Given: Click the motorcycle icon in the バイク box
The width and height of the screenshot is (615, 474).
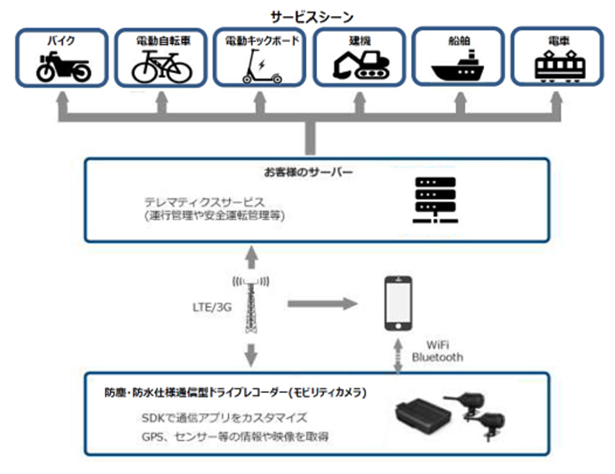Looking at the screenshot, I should point(64,69).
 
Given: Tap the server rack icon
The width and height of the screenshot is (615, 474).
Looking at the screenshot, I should point(433,200).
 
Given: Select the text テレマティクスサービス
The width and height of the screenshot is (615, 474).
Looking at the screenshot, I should point(204,202).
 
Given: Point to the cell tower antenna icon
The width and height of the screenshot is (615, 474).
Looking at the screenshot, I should point(249,304).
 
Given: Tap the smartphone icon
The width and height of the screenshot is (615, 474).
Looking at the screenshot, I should point(399,303).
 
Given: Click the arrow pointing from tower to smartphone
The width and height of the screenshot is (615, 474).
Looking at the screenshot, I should point(322,304).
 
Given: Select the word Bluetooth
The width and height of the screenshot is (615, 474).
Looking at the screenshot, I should point(438,357).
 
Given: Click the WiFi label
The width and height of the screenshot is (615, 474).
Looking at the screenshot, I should point(437,345).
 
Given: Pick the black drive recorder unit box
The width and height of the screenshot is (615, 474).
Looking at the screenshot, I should point(424,417).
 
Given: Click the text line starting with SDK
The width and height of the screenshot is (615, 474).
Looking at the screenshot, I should point(225,418).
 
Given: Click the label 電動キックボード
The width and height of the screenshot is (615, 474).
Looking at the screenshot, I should point(261,41).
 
